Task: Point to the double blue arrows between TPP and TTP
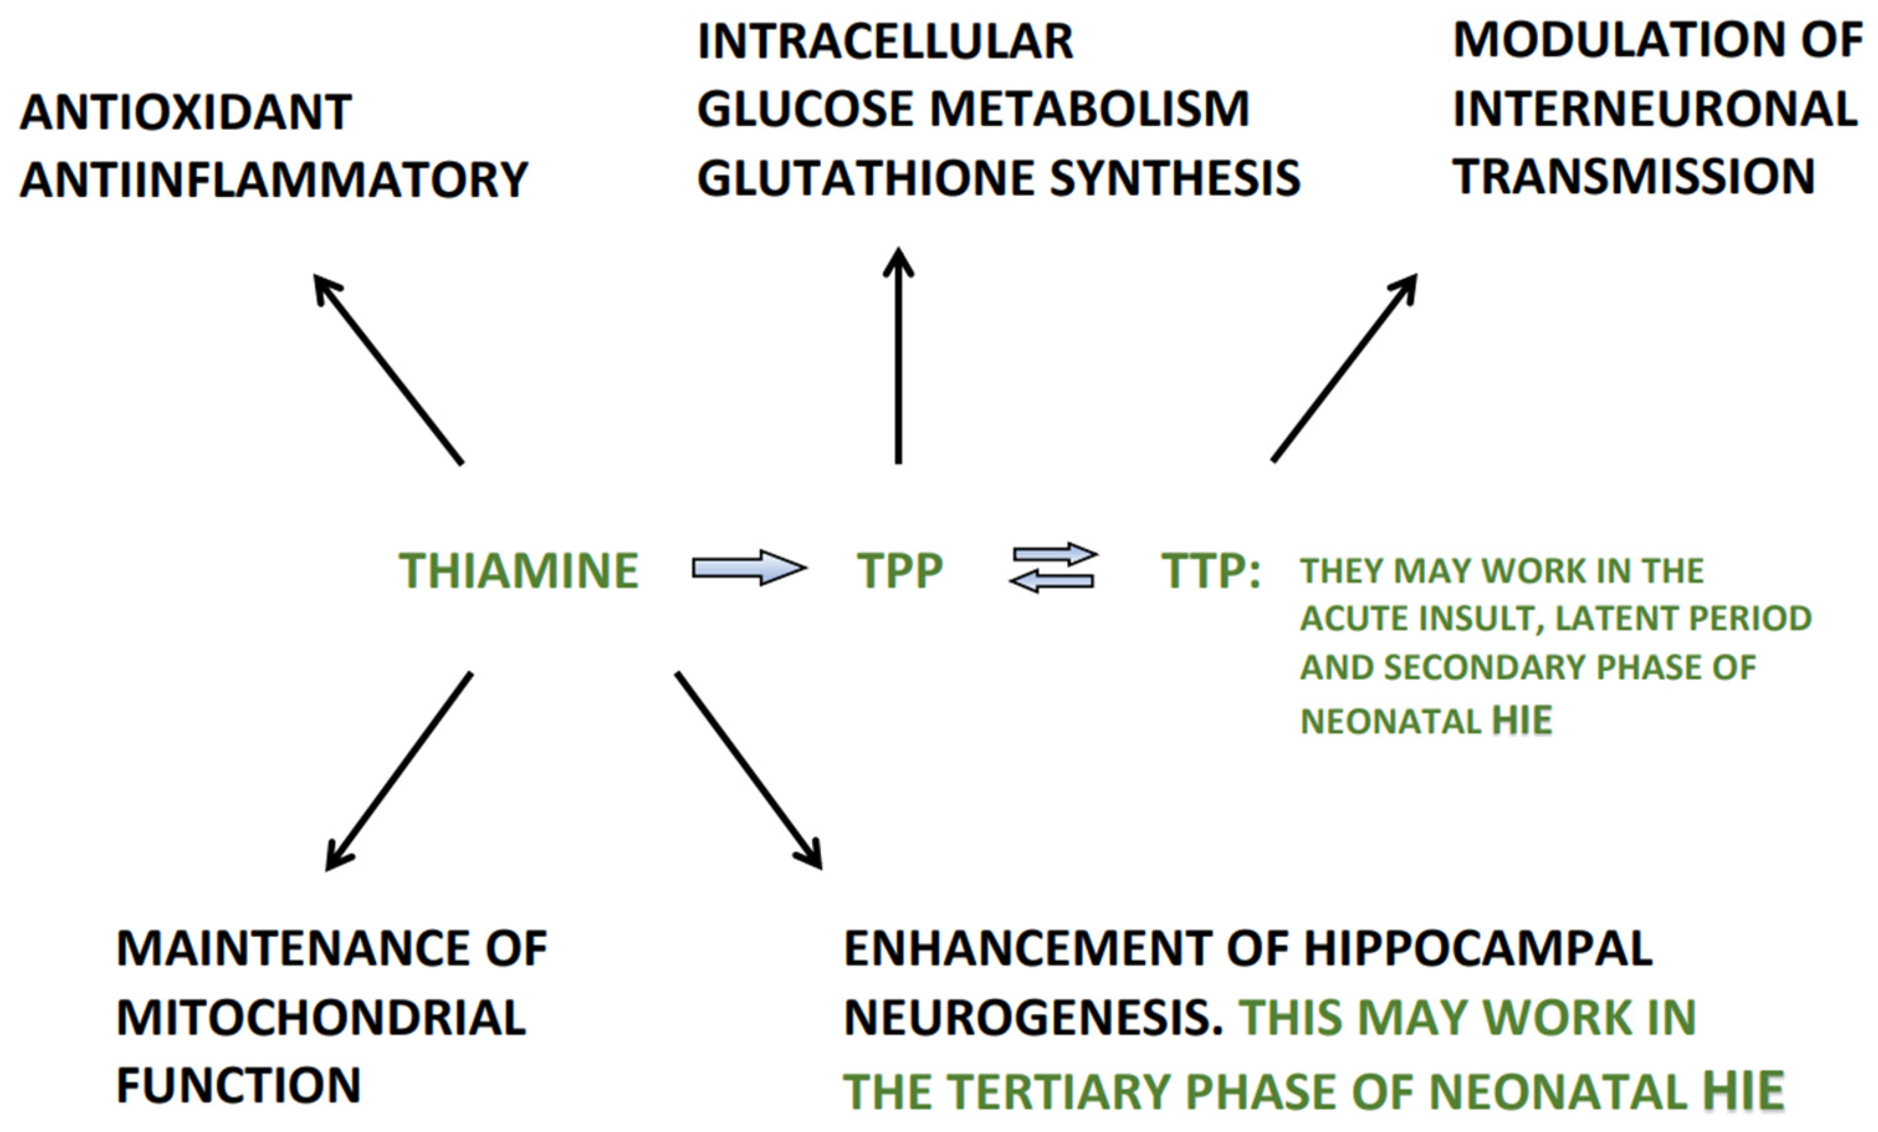coord(1053,567)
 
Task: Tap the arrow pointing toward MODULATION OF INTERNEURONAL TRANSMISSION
coord(1344,368)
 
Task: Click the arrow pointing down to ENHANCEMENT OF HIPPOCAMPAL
coord(748,769)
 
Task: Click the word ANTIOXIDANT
coord(185,112)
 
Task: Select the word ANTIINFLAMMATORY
coord(273,180)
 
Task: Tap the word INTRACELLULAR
coord(885,41)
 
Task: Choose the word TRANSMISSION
coord(1633,176)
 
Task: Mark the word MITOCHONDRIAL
coord(321,1017)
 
